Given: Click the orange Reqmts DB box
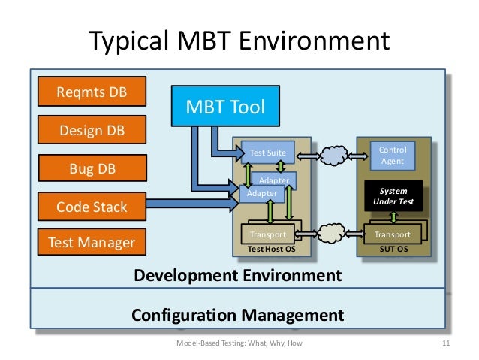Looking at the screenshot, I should (x=92, y=93).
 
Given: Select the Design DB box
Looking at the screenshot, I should (x=92, y=130).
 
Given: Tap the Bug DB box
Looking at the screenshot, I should (x=92, y=168).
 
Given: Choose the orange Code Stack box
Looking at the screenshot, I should (x=92, y=205).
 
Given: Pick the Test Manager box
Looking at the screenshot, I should (x=92, y=242).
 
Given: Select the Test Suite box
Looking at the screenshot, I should (x=267, y=153).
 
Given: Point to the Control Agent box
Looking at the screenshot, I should (x=393, y=156).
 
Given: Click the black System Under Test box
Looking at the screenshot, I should (x=393, y=196).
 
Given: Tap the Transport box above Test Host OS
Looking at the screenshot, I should (x=268, y=234).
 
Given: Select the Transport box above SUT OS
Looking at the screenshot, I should (x=392, y=234).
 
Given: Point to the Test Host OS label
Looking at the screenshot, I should (x=267, y=248).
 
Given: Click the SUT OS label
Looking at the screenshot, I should (x=393, y=248).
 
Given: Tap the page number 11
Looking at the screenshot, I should (x=445, y=344).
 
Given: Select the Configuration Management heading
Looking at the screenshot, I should (x=238, y=314).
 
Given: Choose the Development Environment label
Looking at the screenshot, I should (x=237, y=275).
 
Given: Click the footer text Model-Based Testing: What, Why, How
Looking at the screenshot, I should (x=239, y=344).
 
